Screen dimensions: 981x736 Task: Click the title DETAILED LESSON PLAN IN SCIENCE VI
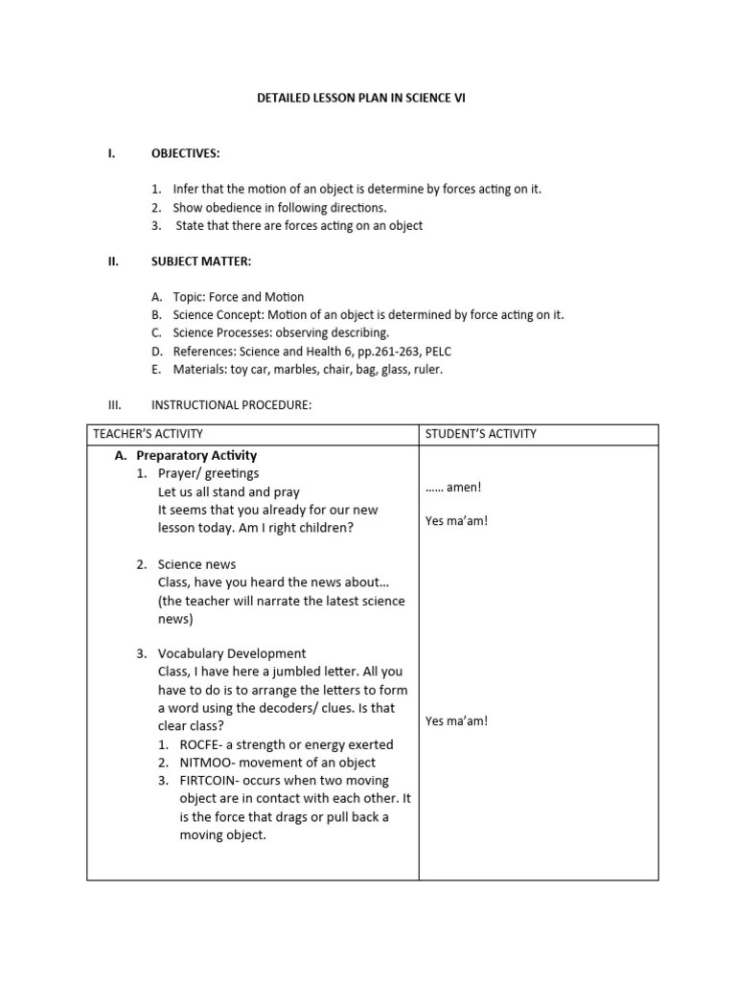[367, 99]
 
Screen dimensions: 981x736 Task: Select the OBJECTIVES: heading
[185, 153]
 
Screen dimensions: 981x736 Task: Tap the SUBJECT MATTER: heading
[201, 261]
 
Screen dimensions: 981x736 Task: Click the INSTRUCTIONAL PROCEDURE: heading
[231, 405]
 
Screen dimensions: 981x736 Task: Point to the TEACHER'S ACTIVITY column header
[148, 434]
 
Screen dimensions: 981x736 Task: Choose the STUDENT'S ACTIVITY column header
[480, 434]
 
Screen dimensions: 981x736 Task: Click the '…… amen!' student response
[453, 488]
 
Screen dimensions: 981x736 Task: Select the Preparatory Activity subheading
[196, 455]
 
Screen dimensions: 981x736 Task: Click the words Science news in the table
[196, 564]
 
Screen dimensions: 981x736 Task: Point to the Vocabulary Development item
[232, 654]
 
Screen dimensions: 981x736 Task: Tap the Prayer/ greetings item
[208, 473]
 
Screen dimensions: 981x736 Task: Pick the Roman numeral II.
[112, 261]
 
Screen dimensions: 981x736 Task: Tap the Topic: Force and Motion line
[238, 297]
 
